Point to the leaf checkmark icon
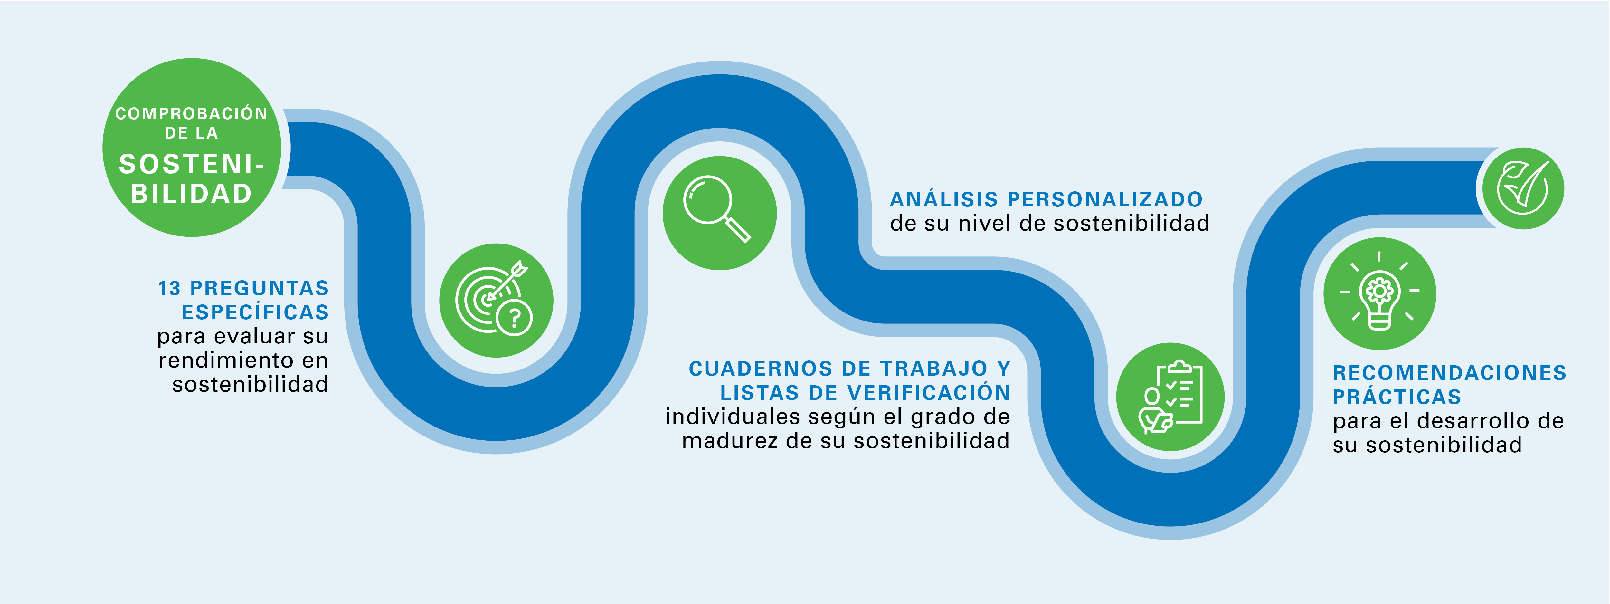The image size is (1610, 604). pos(1522,187)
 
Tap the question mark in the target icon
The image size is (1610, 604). pos(514,318)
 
